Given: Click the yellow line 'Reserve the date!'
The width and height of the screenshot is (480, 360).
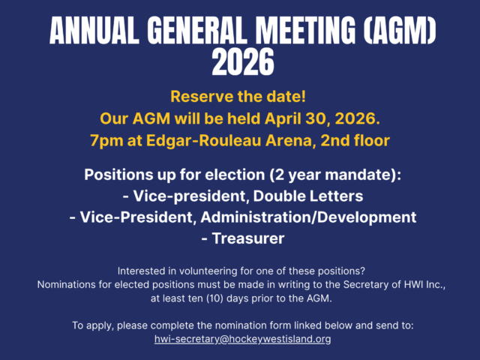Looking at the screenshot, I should [x=240, y=97].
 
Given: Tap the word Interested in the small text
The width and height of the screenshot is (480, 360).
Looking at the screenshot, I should [x=142, y=270].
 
